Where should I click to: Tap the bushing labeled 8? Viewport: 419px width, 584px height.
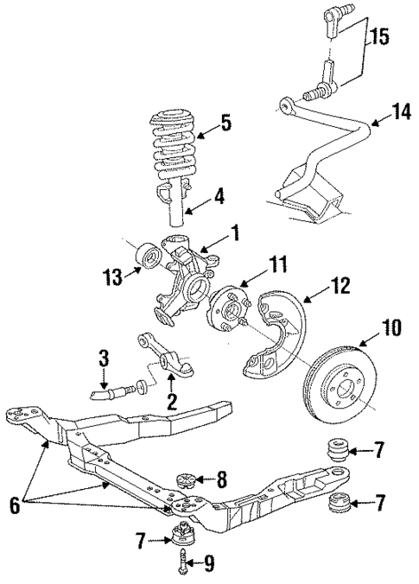click(x=183, y=479)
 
